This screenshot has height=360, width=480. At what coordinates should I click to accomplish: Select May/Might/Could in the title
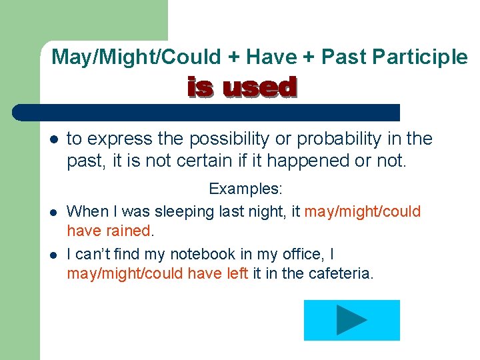tap(137, 57)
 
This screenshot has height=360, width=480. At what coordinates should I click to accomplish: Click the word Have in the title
tap(271, 57)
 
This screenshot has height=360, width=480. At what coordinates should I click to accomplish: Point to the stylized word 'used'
tap(259, 87)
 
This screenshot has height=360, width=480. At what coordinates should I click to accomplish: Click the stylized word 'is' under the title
tap(201, 87)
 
